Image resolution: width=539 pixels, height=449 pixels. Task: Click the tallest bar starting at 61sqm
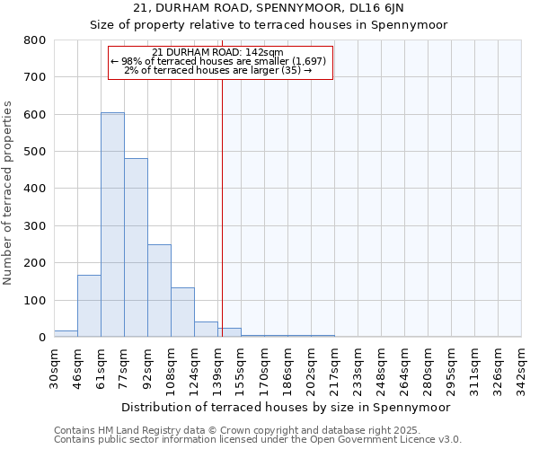[x=112, y=224]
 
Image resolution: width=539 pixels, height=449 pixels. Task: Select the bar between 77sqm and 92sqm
[x=136, y=248]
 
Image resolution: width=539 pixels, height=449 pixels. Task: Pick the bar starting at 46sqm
[x=89, y=306]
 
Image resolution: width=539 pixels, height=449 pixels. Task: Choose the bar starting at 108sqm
[x=182, y=313]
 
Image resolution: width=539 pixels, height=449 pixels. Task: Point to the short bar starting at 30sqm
[x=66, y=333]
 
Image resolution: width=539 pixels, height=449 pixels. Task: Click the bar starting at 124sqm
[x=206, y=329]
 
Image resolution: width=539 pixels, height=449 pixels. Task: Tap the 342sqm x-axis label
[x=522, y=366]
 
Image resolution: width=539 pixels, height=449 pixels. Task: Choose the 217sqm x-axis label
[x=334, y=366]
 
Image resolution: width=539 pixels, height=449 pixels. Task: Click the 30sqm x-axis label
[x=54, y=366]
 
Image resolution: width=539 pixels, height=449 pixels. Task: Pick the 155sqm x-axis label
[x=241, y=366]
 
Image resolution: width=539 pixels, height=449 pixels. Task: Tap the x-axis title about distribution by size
[x=284, y=407]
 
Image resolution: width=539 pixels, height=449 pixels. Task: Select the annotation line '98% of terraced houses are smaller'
[x=221, y=61]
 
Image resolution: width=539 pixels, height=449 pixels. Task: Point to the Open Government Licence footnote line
[x=257, y=440]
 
